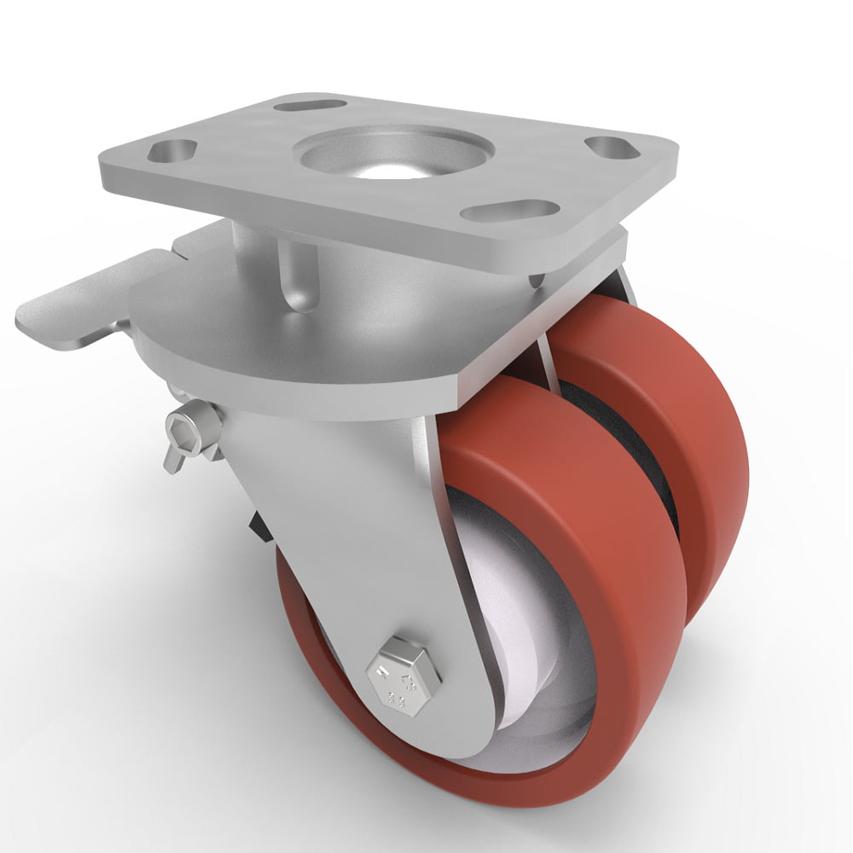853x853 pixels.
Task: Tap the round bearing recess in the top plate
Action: (x=392, y=154)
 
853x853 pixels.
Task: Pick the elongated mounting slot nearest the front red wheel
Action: (x=509, y=210)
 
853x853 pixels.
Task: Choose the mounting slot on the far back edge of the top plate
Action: (x=310, y=106)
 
